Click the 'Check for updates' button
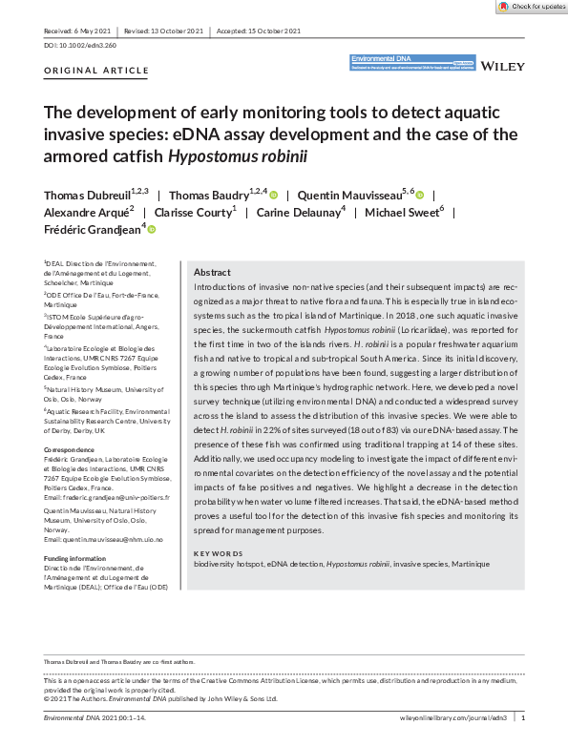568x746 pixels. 530,7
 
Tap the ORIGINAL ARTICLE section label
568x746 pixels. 96,71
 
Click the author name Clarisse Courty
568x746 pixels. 196,212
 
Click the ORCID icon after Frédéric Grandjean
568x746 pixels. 151,229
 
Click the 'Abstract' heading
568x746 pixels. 212,271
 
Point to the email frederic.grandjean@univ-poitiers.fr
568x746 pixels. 106,497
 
